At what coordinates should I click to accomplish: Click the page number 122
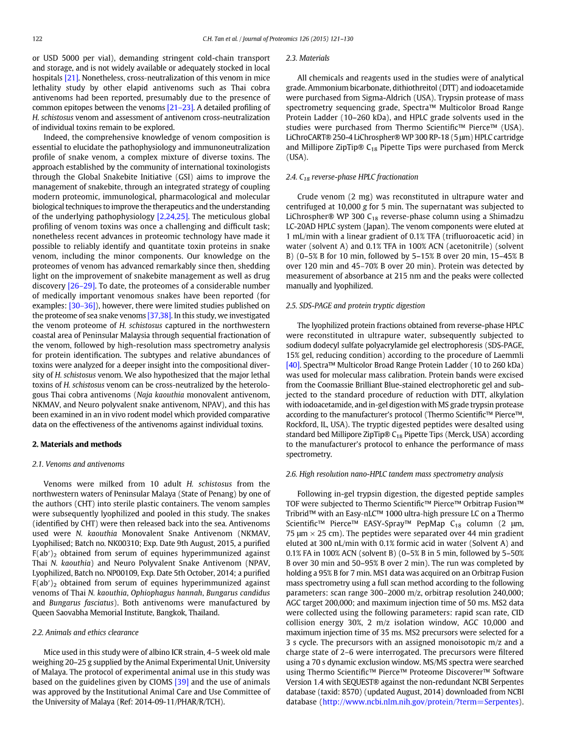point(37,39)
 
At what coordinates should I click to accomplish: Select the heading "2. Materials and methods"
point(77,444)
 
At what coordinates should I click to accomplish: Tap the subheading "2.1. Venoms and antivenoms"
point(78,464)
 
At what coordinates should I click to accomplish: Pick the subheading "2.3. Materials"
point(307,58)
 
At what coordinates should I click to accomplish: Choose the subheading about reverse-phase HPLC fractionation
point(352,177)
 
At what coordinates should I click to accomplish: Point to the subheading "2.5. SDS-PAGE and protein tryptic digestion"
point(355,306)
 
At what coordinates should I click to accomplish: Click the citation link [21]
point(72,78)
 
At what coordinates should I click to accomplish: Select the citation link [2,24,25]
point(172,217)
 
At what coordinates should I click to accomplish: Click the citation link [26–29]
point(81,286)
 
